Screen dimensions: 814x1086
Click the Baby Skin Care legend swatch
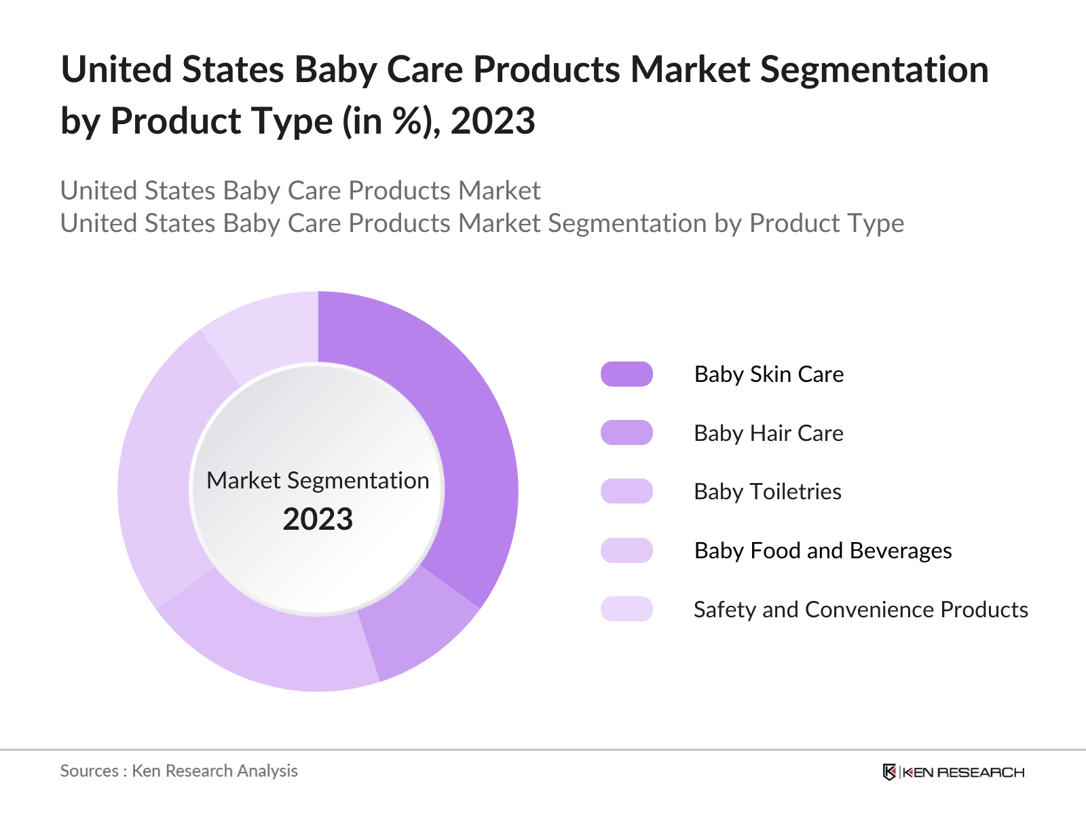pyautogui.click(x=626, y=374)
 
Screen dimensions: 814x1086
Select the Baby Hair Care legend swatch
pyautogui.click(x=626, y=433)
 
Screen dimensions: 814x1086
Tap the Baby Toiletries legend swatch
pyautogui.click(x=626, y=492)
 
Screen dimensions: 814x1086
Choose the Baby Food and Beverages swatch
pyautogui.click(x=626, y=551)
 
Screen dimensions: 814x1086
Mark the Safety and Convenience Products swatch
pyautogui.click(x=626, y=609)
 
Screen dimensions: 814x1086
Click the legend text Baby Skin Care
pyautogui.click(x=768, y=374)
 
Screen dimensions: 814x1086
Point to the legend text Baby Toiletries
pyautogui.click(x=767, y=492)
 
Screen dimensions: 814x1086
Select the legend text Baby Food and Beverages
pyautogui.click(x=823, y=551)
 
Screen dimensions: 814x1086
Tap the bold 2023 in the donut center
pyautogui.click(x=318, y=520)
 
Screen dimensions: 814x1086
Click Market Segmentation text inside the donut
pyautogui.click(x=318, y=480)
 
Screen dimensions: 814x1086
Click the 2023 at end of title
pyautogui.click(x=493, y=121)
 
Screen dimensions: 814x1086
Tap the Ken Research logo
pyautogui.click(x=954, y=772)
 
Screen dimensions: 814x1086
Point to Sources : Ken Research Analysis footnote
pyautogui.click(x=179, y=771)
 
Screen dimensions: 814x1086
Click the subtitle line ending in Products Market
pyautogui.click(x=300, y=191)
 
